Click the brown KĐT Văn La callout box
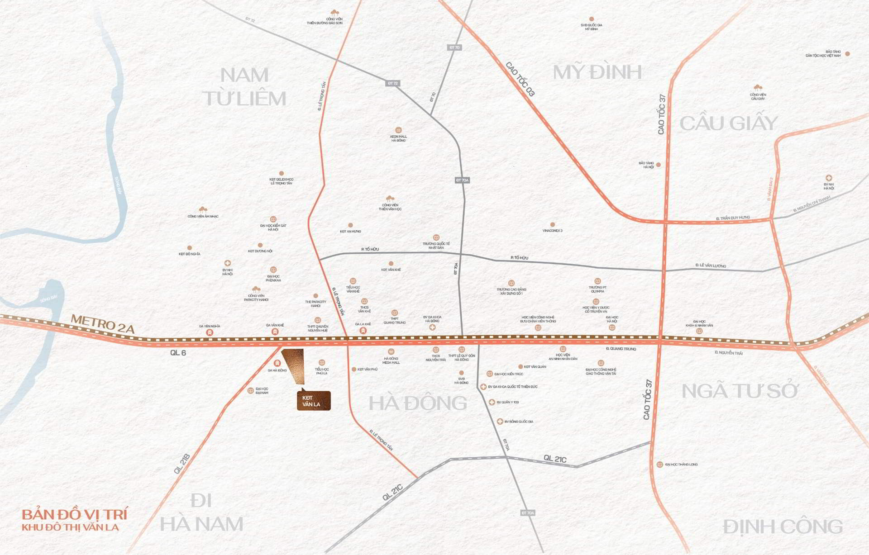(x=314, y=401)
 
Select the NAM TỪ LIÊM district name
(x=244, y=87)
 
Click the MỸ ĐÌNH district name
(x=597, y=72)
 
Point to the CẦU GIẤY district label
(x=729, y=123)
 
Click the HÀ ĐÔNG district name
(x=418, y=403)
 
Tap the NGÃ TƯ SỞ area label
(x=740, y=391)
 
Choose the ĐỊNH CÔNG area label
(x=783, y=527)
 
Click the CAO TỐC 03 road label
(x=520, y=79)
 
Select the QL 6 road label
(x=178, y=353)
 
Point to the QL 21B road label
(x=181, y=463)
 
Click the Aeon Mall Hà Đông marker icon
(x=398, y=130)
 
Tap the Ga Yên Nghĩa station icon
(x=210, y=332)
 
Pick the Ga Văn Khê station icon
(x=275, y=332)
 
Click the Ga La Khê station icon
(x=363, y=331)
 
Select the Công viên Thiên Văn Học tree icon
(x=390, y=199)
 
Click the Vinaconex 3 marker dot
(x=552, y=224)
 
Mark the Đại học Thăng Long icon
(x=660, y=465)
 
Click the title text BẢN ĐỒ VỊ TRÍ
(x=75, y=514)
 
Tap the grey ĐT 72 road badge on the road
(x=392, y=83)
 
